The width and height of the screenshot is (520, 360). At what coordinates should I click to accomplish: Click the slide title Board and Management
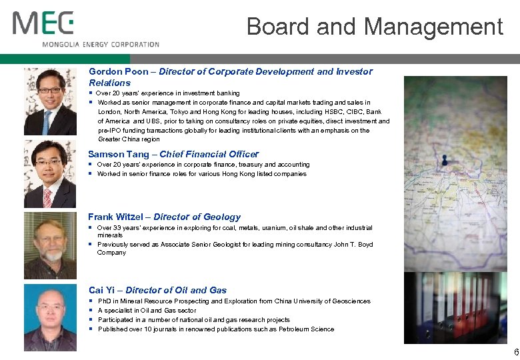[x=374, y=27]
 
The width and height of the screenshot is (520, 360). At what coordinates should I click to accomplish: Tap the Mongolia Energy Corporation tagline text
[x=101, y=45]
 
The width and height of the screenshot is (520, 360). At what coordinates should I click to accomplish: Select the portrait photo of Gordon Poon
[x=50, y=101]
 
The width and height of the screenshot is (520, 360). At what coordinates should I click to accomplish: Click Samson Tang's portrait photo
[x=50, y=174]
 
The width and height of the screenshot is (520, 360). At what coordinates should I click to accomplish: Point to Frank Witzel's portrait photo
[x=50, y=245]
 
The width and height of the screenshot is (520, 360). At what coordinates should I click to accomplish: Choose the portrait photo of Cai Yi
[x=50, y=317]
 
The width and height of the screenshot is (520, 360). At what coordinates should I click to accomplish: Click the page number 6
[x=515, y=352]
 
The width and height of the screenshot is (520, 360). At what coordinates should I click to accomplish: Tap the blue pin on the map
[x=443, y=160]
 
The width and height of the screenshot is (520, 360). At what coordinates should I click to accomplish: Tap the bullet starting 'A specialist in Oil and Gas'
[x=147, y=311]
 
